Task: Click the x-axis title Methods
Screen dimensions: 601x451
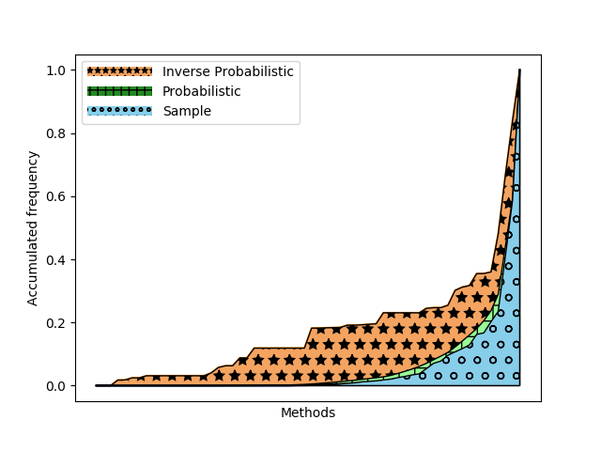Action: (x=308, y=412)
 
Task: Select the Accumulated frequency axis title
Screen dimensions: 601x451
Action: (x=33, y=228)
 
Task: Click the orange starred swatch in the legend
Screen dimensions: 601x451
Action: (x=119, y=71)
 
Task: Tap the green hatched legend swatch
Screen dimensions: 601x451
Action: (x=119, y=91)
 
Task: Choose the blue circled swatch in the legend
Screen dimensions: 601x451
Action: (x=119, y=111)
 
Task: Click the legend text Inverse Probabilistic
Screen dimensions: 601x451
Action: (x=228, y=71)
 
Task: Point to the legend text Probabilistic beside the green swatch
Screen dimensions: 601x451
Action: (x=202, y=91)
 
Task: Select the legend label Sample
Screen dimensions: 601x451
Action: (x=188, y=111)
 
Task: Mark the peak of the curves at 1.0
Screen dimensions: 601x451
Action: (x=519, y=70)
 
